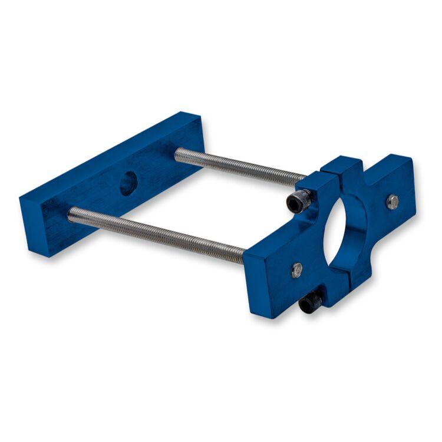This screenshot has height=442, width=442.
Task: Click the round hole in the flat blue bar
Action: (x=128, y=184)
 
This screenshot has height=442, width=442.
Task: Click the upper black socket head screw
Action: (x=298, y=202)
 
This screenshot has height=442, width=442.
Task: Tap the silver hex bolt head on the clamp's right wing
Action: (x=392, y=202)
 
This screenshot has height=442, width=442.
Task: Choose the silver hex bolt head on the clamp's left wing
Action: (x=297, y=270)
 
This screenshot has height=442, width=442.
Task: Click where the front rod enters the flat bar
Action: (x=71, y=216)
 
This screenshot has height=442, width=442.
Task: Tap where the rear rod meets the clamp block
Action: (x=304, y=177)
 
